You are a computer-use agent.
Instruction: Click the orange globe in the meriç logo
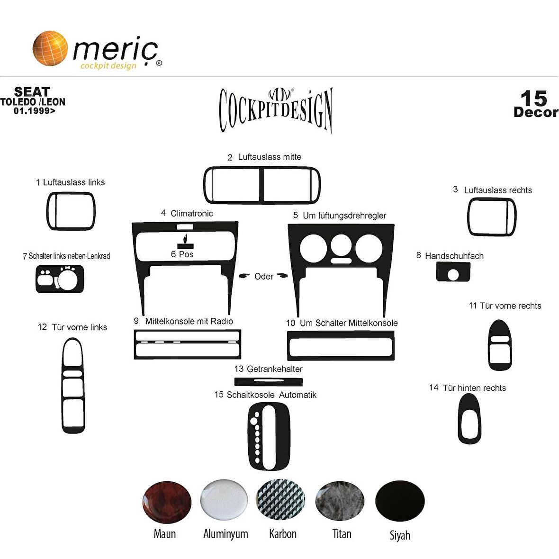[x=50, y=48]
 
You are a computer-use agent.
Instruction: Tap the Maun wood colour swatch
[x=167, y=502]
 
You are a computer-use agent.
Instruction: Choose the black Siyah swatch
[x=400, y=501]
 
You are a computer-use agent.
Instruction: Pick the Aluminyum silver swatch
[x=224, y=500]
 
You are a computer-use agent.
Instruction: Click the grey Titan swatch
[x=340, y=501]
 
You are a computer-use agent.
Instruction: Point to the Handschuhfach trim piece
[x=453, y=271]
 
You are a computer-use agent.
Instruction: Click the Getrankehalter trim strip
[x=269, y=382]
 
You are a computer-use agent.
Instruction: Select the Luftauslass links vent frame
[x=49, y=211]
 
